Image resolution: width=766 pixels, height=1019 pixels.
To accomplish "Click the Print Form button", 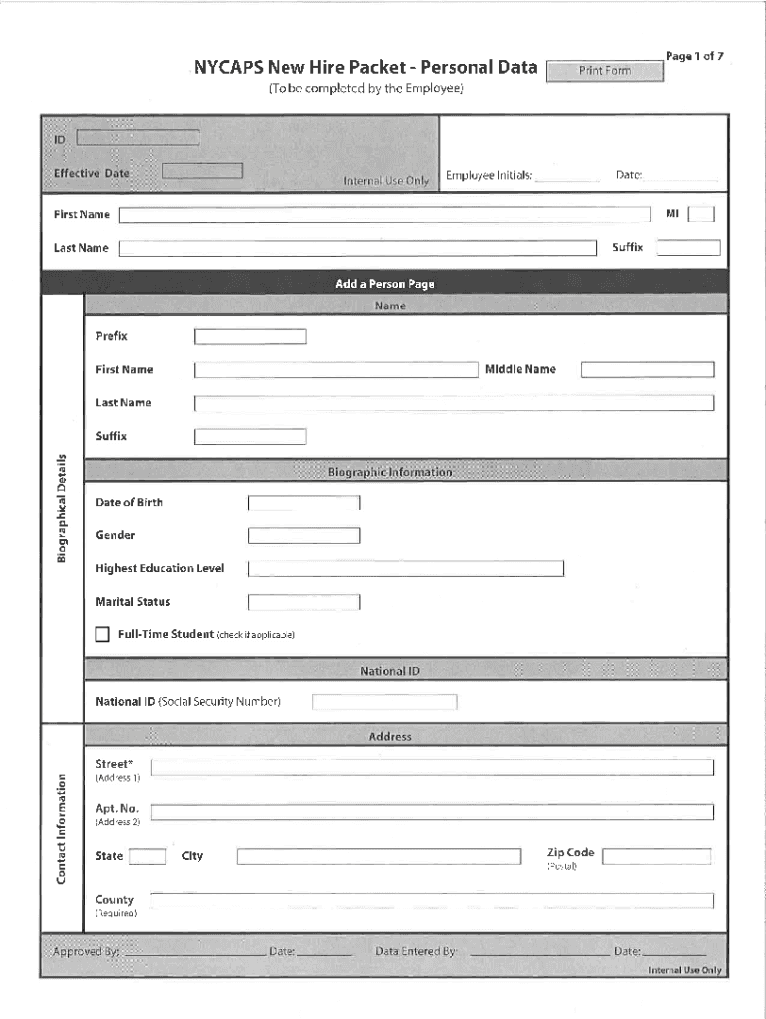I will click(605, 71).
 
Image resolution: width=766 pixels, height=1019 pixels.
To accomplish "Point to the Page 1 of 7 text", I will click(694, 57).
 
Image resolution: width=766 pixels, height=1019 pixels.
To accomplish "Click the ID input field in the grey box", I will click(137, 138).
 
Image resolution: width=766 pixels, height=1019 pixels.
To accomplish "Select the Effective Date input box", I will click(202, 171).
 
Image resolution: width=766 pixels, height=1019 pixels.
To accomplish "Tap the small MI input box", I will click(700, 214).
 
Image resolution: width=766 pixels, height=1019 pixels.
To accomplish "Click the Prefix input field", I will click(250, 336).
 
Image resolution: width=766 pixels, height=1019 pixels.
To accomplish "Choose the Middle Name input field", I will click(647, 370).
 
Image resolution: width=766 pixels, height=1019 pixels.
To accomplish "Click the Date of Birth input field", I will click(303, 503).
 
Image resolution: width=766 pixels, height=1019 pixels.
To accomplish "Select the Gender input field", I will click(303, 536).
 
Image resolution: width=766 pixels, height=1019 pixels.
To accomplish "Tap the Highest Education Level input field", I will click(405, 569).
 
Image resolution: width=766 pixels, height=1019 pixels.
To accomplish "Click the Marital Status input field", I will click(303, 602).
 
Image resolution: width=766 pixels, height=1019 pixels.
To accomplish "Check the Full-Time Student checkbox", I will click(102, 634).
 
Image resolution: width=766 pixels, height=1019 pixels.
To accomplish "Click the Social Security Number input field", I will click(384, 702).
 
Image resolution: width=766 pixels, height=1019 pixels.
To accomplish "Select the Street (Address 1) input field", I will click(432, 767).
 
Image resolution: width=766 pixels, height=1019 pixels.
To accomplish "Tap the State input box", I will click(148, 856).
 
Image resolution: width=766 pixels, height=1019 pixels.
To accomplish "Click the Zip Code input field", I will click(657, 856).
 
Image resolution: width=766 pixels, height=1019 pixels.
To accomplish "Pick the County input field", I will click(432, 900).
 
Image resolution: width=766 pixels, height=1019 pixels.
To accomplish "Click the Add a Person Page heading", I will click(384, 284).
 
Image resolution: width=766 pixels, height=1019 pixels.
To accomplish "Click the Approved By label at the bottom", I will click(86, 952).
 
